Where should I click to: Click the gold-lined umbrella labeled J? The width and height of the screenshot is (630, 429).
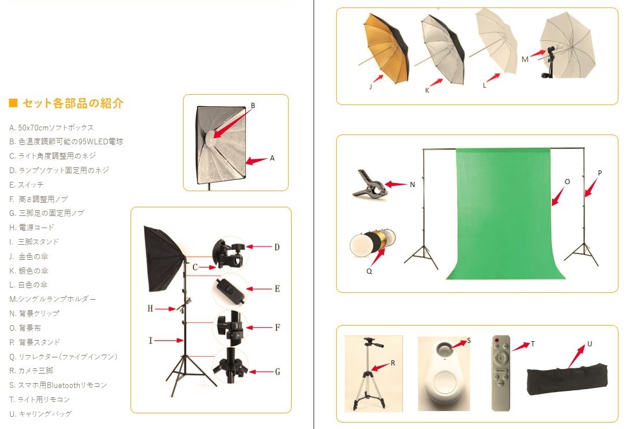click(386, 47)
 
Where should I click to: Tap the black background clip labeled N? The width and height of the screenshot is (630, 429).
click(369, 184)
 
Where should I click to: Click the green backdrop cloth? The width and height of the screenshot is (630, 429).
click(504, 213)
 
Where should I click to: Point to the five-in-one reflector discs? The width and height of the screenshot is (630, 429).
click(372, 243)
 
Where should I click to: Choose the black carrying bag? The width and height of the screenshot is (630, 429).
click(567, 379)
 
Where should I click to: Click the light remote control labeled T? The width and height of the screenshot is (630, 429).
click(501, 373)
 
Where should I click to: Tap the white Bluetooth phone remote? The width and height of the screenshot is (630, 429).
click(444, 374)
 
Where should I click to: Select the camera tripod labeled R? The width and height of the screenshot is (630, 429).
click(369, 374)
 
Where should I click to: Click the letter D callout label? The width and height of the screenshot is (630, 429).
click(277, 247)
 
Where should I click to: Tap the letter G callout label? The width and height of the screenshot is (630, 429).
click(277, 372)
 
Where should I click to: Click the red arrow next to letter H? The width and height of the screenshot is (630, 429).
click(165, 309)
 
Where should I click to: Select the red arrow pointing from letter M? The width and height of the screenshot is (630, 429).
click(538, 54)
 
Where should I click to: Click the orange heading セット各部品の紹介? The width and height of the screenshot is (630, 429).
click(73, 103)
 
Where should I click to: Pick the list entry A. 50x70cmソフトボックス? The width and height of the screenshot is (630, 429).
click(51, 128)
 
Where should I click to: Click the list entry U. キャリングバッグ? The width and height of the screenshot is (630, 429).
click(40, 414)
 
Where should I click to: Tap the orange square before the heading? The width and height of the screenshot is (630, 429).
click(13, 103)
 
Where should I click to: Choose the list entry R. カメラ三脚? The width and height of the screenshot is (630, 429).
click(31, 371)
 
